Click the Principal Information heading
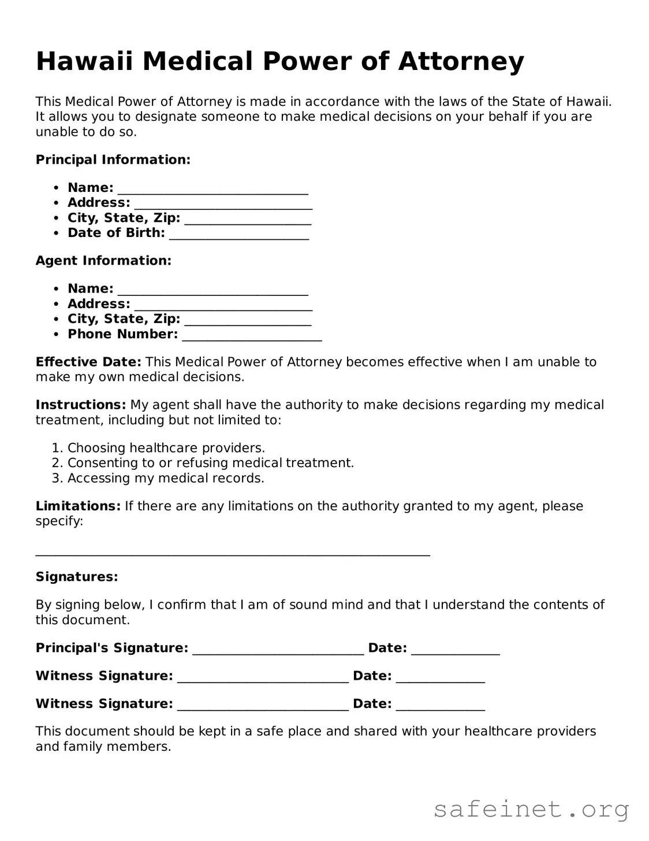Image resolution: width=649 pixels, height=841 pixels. [x=113, y=160]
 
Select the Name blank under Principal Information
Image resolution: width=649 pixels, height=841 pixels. [x=212, y=189]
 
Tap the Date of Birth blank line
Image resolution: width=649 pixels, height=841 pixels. [x=239, y=234]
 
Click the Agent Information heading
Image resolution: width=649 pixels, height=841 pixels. [x=103, y=261]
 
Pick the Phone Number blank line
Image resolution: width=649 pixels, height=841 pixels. [x=252, y=336]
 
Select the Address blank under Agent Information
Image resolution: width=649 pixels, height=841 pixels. [x=223, y=305]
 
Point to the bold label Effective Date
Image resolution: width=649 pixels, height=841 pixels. [x=88, y=362]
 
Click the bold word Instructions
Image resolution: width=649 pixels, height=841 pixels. [x=81, y=405]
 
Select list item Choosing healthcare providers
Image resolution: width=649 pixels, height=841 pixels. [x=166, y=448]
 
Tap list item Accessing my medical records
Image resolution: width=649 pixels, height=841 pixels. [x=166, y=478]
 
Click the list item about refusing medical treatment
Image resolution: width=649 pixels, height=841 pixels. [x=210, y=463]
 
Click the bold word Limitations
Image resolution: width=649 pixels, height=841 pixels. [x=78, y=506]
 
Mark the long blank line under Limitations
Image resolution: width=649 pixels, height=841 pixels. [x=233, y=554]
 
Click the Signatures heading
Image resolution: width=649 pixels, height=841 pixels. [x=77, y=577]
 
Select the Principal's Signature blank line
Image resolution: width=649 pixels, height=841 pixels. [x=278, y=650]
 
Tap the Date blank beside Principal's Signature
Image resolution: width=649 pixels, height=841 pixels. [x=455, y=650]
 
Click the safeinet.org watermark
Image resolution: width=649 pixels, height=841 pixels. [x=531, y=809]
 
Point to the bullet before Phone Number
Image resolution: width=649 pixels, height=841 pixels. [x=56, y=335]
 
